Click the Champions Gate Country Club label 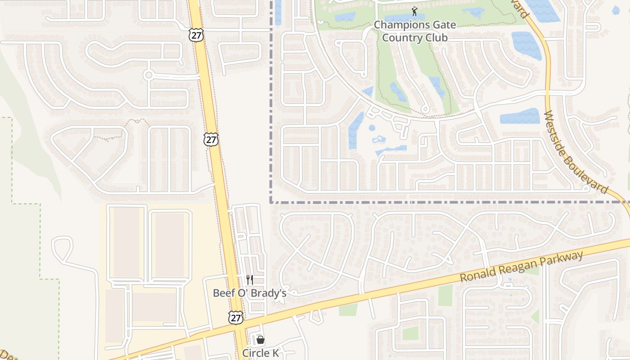(x=414, y=31)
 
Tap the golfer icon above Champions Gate (x=414, y=11)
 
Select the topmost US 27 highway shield (x=196, y=35)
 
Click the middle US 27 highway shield (x=211, y=139)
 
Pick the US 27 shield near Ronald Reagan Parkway (x=235, y=317)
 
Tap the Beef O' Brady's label (x=249, y=293)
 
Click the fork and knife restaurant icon (x=250, y=280)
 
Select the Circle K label (x=260, y=353)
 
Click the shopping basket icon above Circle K (x=261, y=340)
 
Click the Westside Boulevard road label (x=576, y=153)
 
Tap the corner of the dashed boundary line (x=271, y=202)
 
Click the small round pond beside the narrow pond (x=372, y=128)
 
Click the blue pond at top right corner (x=616, y=10)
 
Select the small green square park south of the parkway (x=410, y=333)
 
